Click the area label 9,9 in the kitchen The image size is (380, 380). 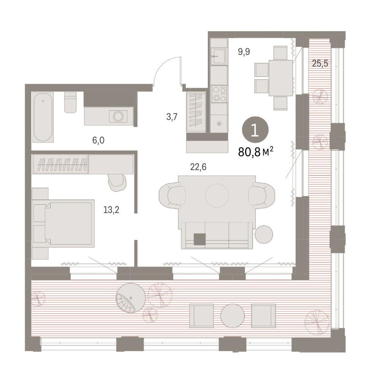click(x=244, y=52)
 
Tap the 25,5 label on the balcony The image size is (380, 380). click(x=320, y=64)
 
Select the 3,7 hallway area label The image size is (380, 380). click(x=172, y=117)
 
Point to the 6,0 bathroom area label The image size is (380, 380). click(x=98, y=140)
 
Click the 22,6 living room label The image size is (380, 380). click(x=198, y=167)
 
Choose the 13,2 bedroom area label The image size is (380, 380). click(x=111, y=210)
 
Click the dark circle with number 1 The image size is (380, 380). click(x=255, y=130)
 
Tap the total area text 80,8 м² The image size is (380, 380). click(x=256, y=152)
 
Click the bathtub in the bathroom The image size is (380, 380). click(x=43, y=117)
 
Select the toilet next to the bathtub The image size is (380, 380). click(x=71, y=102)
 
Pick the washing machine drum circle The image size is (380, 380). click(x=119, y=116)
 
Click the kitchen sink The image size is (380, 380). click(x=218, y=56)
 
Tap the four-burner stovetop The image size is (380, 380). click(x=219, y=94)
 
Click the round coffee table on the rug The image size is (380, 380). click(x=217, y=196)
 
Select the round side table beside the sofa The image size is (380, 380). click(x=264, y=234)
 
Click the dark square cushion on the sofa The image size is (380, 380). click(x=200, y=239)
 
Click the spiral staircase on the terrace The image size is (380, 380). click(x=131, y=298)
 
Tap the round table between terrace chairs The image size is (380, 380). click(x=233, y=316)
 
